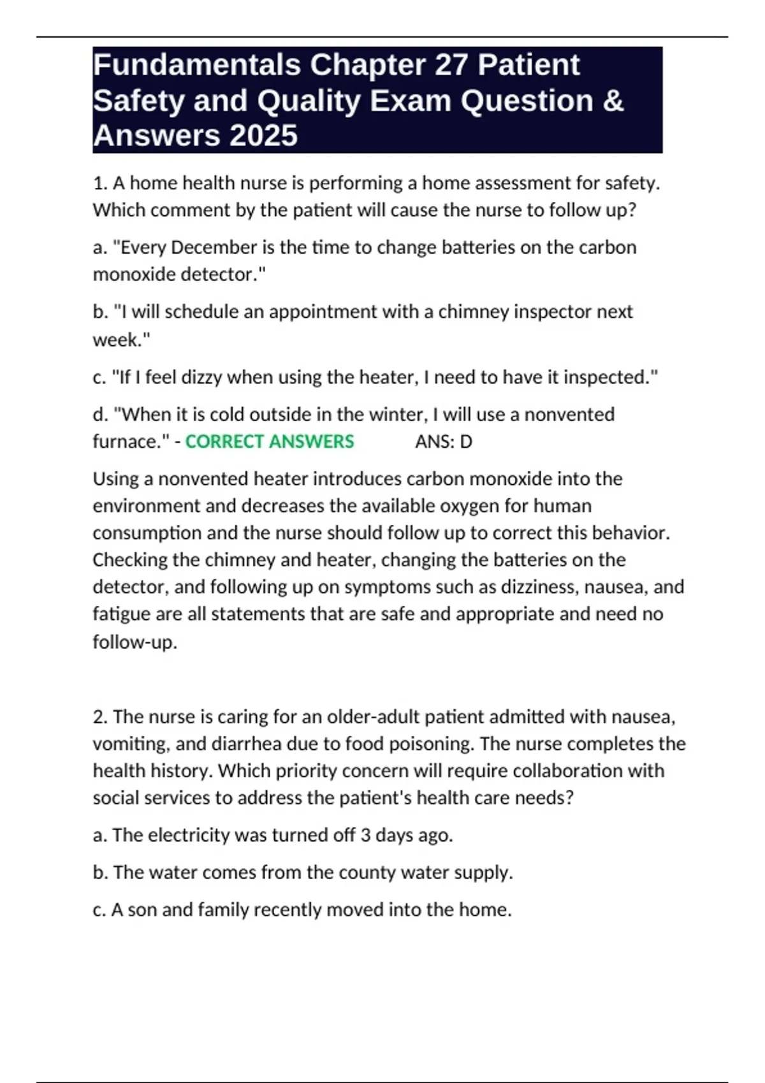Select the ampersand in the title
tap(613, 101)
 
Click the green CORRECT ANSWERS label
tap(269, 441)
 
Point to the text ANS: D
tap(444, 441)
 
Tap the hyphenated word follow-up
tap(135, 642)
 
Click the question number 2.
tap(100, 717)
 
